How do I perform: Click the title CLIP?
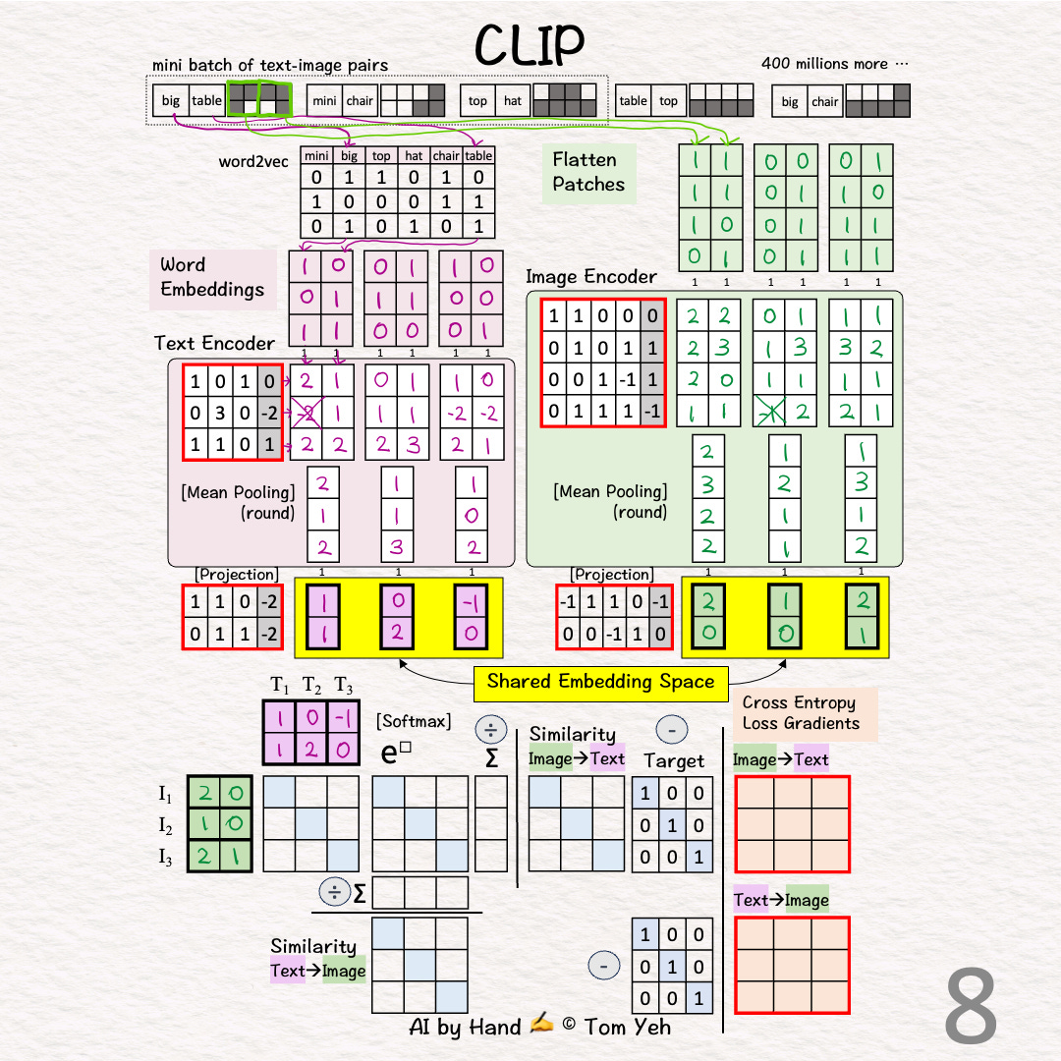pos(530,43)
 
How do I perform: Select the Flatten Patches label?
pos(587,172)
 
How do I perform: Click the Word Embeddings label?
pos(212,277)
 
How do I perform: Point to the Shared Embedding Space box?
pos(601,682)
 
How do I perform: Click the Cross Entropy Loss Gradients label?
pos(801,713)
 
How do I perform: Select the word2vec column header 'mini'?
pos(316,155)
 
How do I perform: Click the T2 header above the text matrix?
pos(311,685)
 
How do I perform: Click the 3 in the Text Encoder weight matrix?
pos(221,413)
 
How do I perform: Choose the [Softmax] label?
pos(414,722)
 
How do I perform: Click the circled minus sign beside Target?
pos(671,731)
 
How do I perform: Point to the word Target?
pos(674,760)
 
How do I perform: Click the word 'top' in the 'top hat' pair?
pos(477,100)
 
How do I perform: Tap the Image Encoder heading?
pos(590,277)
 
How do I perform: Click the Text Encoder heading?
pos(214,343)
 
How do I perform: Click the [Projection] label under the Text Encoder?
pos(236,574)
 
